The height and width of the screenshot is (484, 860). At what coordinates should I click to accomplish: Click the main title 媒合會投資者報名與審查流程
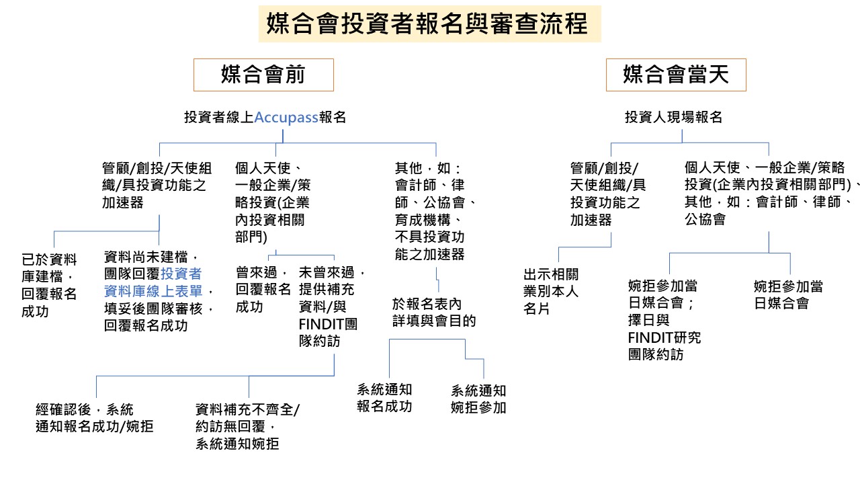[427, 24]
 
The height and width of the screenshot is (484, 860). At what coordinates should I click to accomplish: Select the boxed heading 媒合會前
[263, 75]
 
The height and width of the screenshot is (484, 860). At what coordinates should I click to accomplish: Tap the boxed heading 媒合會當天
[676, 75]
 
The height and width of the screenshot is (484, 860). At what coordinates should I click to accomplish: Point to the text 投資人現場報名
[673, 117]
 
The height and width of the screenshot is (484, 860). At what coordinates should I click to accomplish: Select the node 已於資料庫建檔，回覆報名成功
[49, 285]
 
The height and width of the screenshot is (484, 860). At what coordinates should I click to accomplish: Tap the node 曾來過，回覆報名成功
[263, 289]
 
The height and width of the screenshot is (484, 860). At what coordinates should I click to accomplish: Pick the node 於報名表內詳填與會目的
[434, 312]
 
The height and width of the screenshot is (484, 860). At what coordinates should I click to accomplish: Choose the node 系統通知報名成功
[384, 398]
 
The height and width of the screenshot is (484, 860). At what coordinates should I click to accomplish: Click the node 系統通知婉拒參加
[478, 399]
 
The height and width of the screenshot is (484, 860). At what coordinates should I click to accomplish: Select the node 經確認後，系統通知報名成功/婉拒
[94, 417]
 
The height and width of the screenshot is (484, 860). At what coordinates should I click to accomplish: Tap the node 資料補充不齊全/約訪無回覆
[247, 426]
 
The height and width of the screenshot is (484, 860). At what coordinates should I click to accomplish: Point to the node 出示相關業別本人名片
[551, 291]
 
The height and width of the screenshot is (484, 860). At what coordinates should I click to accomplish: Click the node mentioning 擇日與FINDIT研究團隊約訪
[664, 320]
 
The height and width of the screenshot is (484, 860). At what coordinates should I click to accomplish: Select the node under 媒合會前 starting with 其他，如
[435, 210]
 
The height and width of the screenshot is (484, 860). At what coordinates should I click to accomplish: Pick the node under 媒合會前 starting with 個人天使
[272, 202]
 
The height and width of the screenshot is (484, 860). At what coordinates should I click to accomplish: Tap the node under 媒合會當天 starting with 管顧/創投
[607, 194]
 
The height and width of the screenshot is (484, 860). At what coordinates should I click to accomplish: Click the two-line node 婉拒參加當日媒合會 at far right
[788, 294]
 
